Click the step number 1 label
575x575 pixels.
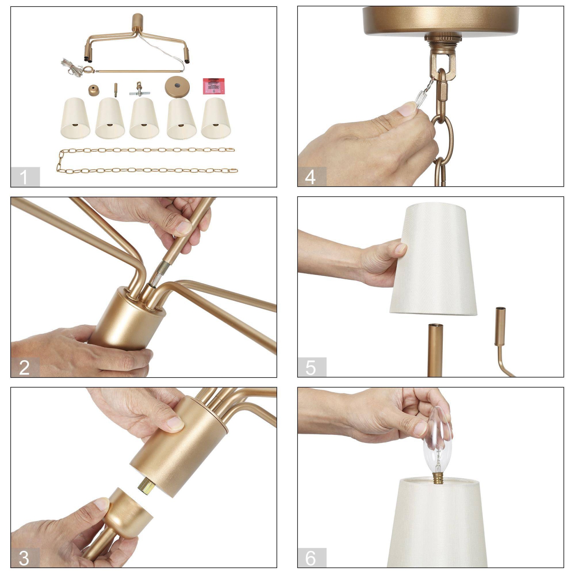pyautogui.click(x=24, y=177)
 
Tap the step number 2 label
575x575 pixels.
pyautogui.click(x=24, y=368)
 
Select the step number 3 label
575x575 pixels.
pyautogui.click(x=24, y=558)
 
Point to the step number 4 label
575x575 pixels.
pyautogui.click(x=310, y=177)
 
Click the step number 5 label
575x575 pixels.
pyautogui.click(x=310, y=368)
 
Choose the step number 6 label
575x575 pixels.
pyautogui.click(x=310, y=558)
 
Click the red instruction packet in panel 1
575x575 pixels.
pyautogui.click(x=214, y=86)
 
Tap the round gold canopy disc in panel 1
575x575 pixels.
pyautogui.click(x=177, y=87)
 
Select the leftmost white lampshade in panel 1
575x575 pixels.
pyautogui.click(x=75, y=118)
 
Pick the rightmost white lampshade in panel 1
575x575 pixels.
pyautogui.click(x=216, y=118)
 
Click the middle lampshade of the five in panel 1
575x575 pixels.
pyautogui.click(x=144, y=118)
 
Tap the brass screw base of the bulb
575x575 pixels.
pyautogui.click(x=438, y=478)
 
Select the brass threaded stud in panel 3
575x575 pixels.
pyautogui.click(x=146, y=486)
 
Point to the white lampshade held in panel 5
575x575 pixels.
pyautogui.click(x=433, y=261)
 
